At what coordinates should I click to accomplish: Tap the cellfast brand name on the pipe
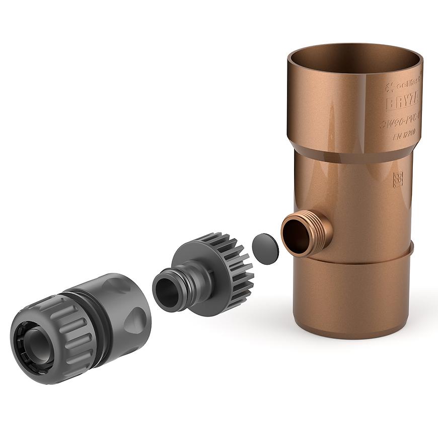[x=406, y=84]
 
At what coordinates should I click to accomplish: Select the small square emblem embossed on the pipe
[x=398, y=179]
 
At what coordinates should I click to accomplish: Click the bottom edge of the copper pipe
[x=352, y=334]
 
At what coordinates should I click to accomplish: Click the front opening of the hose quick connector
[x=30, y=347]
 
